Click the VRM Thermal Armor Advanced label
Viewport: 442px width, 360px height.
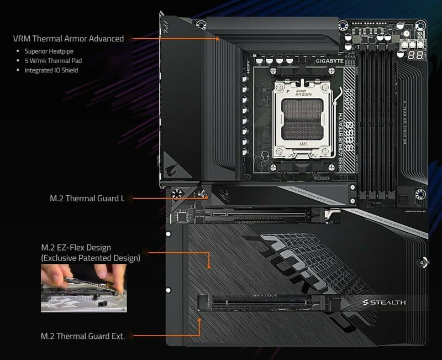[69, 39]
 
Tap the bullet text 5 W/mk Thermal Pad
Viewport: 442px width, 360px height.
[54, 61]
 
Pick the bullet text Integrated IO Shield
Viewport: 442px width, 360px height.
[51, 70]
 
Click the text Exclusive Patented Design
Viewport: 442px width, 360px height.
[91, 258]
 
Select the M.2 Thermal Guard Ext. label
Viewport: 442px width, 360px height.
[83, 336]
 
